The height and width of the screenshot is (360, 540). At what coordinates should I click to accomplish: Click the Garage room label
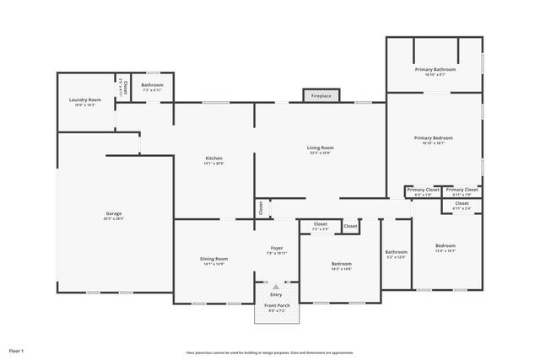(x=114, y=213)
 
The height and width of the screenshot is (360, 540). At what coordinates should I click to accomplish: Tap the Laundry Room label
(x=84, y=99)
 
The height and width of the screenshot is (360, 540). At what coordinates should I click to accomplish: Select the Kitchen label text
(x=214, y=159)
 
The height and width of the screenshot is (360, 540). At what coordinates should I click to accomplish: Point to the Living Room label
(x=321, y=148)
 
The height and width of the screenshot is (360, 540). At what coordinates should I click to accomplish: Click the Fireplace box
(x=321, y=96)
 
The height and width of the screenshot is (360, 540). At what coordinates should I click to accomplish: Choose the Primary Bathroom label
(x=435, y=69)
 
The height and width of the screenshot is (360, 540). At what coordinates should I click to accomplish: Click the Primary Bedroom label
(x=434, y=137)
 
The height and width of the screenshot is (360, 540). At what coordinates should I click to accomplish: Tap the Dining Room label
(x=215, y=259)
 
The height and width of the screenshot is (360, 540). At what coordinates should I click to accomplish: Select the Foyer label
(x=278, y=248)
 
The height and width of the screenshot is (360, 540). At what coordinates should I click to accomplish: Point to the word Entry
(x=276, y=294)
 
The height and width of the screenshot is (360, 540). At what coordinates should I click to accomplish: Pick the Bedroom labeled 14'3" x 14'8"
(x=342, y=264)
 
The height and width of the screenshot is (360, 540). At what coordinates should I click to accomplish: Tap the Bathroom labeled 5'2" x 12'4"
(x=396, y=252)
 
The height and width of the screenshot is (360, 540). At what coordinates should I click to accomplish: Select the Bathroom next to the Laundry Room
(x=153, y=85)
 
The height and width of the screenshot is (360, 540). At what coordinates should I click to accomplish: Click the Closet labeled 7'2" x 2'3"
(x=321, y=224)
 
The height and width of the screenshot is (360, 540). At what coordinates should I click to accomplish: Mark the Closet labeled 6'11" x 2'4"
(x=462, y=203)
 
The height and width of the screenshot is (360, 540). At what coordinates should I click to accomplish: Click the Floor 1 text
(x=17, y=350)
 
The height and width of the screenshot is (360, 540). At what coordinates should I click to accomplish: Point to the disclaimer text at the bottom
(x=270, y=352)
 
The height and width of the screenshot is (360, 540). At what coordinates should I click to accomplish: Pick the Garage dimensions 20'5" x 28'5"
(x=114, y=218)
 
